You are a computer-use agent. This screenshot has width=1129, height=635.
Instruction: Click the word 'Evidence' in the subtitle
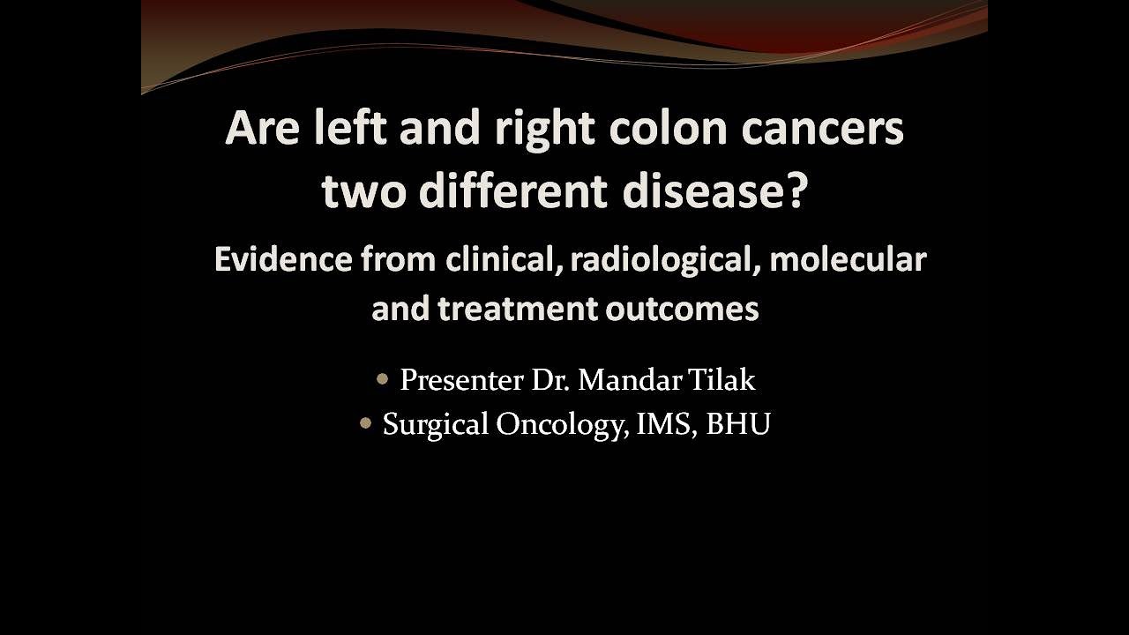[x=282, y=259]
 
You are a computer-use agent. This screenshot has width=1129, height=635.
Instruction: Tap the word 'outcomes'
[x=685, y=309]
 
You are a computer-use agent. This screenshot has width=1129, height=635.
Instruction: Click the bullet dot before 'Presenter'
[x=382, y=380]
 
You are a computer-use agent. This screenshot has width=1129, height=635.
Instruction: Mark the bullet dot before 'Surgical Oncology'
[x=366, y=424]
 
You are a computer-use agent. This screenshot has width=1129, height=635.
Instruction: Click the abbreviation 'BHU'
[x=738, y=424]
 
